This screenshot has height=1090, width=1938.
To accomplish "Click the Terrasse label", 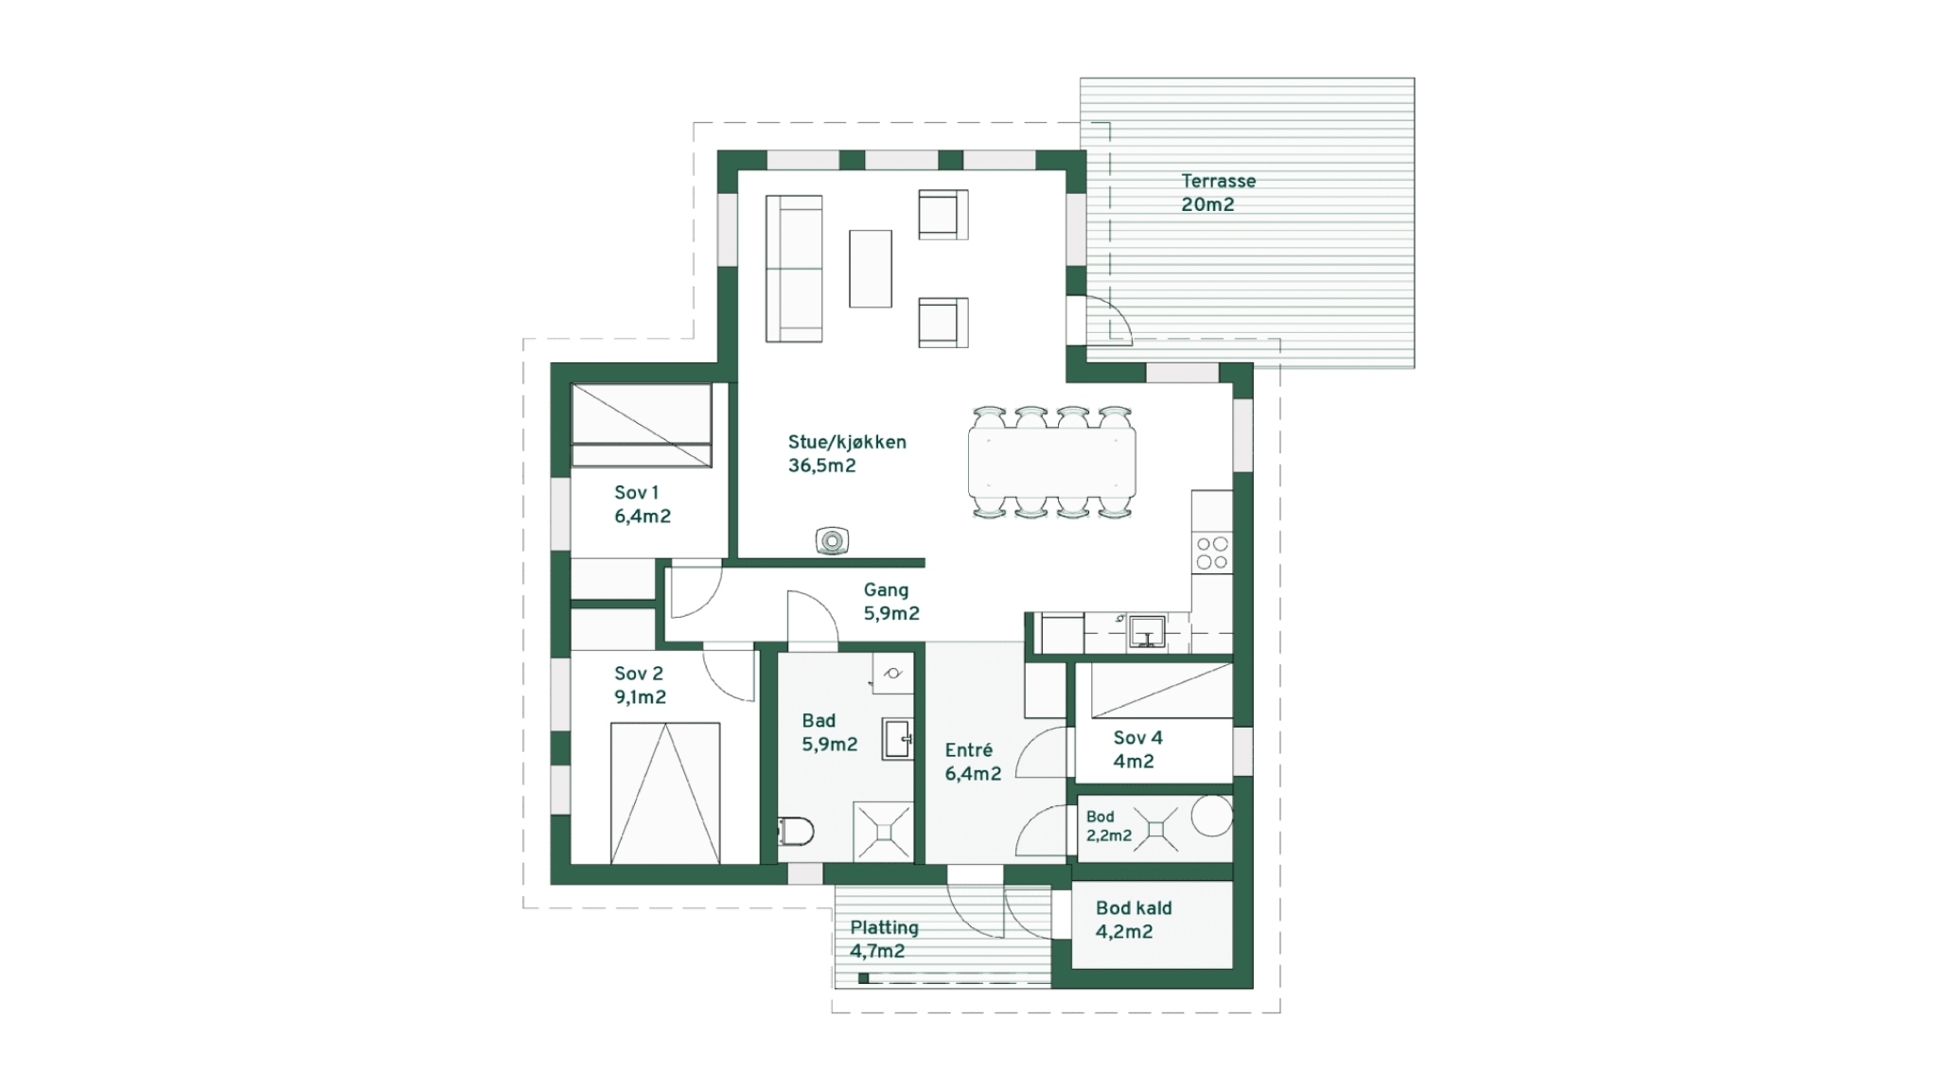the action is pos(1218,181).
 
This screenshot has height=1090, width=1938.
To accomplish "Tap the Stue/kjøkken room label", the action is pos(847,442).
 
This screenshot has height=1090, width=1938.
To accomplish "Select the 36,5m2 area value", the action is pos(821,466).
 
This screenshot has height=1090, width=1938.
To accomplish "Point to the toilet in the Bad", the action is pos(797,832).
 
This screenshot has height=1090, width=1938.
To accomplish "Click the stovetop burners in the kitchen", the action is pos(1212,554).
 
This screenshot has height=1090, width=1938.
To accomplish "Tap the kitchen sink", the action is pos(1146,631).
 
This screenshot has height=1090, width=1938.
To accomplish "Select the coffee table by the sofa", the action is pos(871,269).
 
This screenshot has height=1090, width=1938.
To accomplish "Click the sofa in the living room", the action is pos(794,268).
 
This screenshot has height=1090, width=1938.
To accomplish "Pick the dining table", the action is pos(1051,463).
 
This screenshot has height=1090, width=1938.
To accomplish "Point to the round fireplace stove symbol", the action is pos(832,540).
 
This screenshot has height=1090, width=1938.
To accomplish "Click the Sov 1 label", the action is pos(636,493).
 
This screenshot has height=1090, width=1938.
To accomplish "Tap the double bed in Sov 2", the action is pos(665,793).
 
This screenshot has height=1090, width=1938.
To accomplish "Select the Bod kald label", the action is pos(1134,908).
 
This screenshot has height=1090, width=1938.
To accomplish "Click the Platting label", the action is pos(884,928).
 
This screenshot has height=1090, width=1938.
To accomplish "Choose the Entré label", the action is pos(969,750).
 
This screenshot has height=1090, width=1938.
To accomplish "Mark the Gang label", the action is pos(886,590).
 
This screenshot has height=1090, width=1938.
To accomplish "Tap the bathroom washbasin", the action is pos(897,738).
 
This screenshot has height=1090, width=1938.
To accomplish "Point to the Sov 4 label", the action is pos(1137,738).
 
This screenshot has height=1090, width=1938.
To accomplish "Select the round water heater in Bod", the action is pos(1211,816).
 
